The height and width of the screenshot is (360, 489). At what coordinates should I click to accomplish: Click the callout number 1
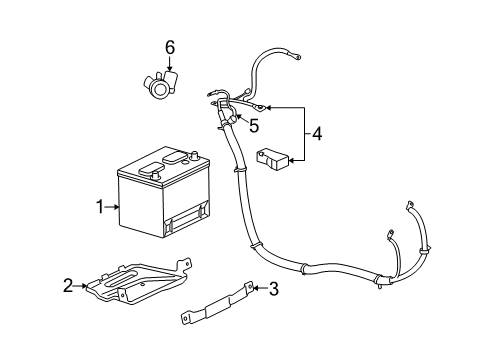[x=100, y=207]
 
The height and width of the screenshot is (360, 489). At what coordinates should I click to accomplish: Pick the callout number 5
[x=254, y=126]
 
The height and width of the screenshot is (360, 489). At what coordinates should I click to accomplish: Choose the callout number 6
[x=170, y=47]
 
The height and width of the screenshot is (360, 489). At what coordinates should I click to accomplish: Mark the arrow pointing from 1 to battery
[x=112, y=207]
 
